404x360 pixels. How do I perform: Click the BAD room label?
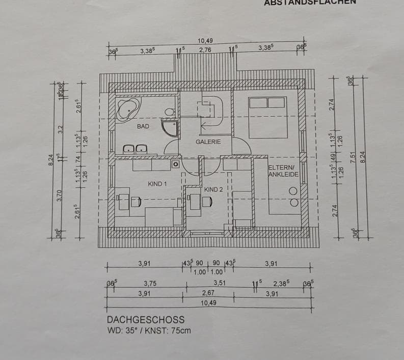(143, 126)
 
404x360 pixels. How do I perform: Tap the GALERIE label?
(208, 142)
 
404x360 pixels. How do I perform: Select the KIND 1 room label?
(157, 183)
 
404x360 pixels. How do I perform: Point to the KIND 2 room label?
(213, 189)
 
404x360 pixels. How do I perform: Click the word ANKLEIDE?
(282, 174)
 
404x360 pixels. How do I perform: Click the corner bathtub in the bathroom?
(127, 109)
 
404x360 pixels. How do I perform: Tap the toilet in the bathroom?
(170, 112)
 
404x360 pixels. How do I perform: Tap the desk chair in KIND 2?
(206, 202)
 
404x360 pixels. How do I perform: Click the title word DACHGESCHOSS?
(146, 320)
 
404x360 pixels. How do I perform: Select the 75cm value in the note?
(181, 330)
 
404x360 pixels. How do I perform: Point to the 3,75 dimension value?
(150, 283)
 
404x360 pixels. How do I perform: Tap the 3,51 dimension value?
(220, 283)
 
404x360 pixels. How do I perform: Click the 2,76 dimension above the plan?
(205, 50)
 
